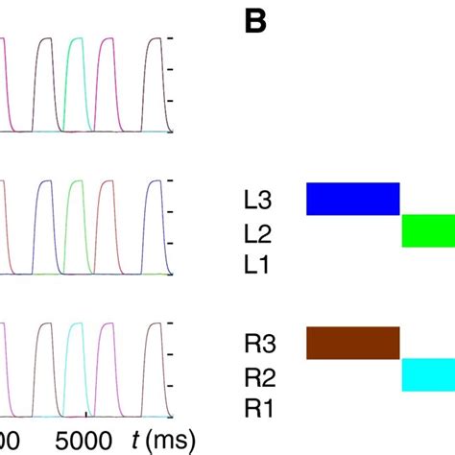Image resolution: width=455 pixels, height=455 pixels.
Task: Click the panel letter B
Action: point(254,22)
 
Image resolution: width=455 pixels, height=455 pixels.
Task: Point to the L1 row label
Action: point(256,264)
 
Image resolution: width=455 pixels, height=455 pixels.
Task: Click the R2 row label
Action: point(257,374)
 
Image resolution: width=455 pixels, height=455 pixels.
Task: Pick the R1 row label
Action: point(257,407)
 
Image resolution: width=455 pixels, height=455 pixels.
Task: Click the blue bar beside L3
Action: point(352,199)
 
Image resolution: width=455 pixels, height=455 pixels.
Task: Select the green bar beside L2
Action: point(427,231)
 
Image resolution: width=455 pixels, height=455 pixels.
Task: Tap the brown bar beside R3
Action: point(352,343)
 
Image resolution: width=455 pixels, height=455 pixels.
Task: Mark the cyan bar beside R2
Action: point(427,374)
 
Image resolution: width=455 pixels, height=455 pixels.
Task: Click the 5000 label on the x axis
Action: point(86,441)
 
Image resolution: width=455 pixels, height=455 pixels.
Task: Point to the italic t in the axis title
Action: point(135,440)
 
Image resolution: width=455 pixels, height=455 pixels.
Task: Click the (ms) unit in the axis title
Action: point(170,441)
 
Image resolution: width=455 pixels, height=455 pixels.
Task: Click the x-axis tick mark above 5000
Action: point(86,415)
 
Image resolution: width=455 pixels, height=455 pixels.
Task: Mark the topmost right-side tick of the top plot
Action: point(170,37)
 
